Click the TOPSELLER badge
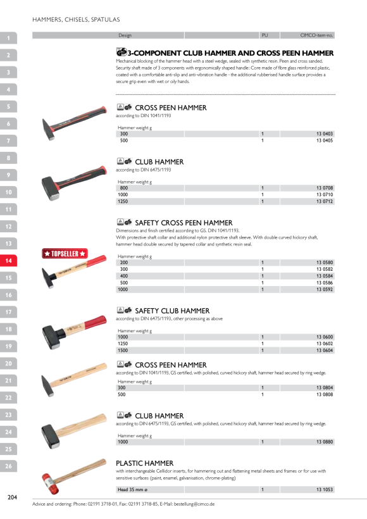(65, 254)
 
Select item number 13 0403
(325, 134)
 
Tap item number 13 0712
(325, 201)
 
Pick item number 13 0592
(325, 289)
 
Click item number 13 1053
(325, 489)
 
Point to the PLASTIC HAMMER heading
(145, 463)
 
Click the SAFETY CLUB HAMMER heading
(172, 311)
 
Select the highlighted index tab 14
(8, 261)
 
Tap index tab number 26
(8, 466)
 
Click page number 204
(12, 497)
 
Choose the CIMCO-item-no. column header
(316, 35)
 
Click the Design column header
(125, 35)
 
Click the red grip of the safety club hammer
(96, 322)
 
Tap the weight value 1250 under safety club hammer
(123, 344)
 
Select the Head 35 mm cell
(132, 489)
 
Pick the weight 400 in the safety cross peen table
(124, 276)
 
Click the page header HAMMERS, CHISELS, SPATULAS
(76, 20)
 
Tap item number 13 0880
(325, 442)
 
